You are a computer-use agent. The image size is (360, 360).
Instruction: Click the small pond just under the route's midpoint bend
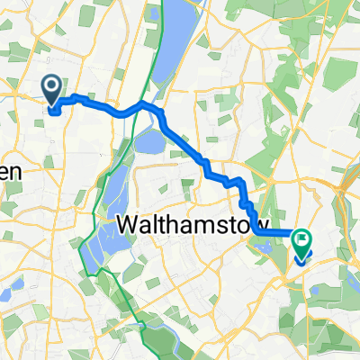(x=149, y=139)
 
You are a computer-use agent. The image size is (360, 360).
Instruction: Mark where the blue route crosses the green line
(x=139, y=107)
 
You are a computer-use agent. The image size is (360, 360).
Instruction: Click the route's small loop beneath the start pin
(x=54, y=111)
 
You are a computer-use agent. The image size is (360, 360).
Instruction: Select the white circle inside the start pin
(x=52, y=85)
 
